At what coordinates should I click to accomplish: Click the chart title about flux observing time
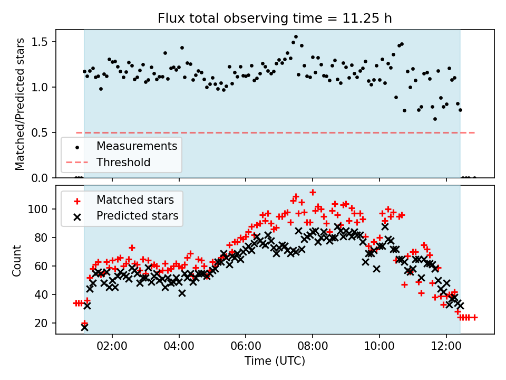pos(275,18)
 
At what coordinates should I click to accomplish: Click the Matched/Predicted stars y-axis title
pos(20,104)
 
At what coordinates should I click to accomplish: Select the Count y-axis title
pos(17,260)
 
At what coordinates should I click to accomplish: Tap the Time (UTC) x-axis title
pos(275,361)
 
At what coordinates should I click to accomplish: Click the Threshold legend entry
pos(123,162)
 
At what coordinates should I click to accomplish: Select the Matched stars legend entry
pos(135,200)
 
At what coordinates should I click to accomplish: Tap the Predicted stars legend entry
pos(137,216)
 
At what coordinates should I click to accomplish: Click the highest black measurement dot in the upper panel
pos(296,37)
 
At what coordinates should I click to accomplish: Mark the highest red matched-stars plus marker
pos(313,193)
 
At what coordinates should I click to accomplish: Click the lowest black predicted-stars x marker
pos(84,327)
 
